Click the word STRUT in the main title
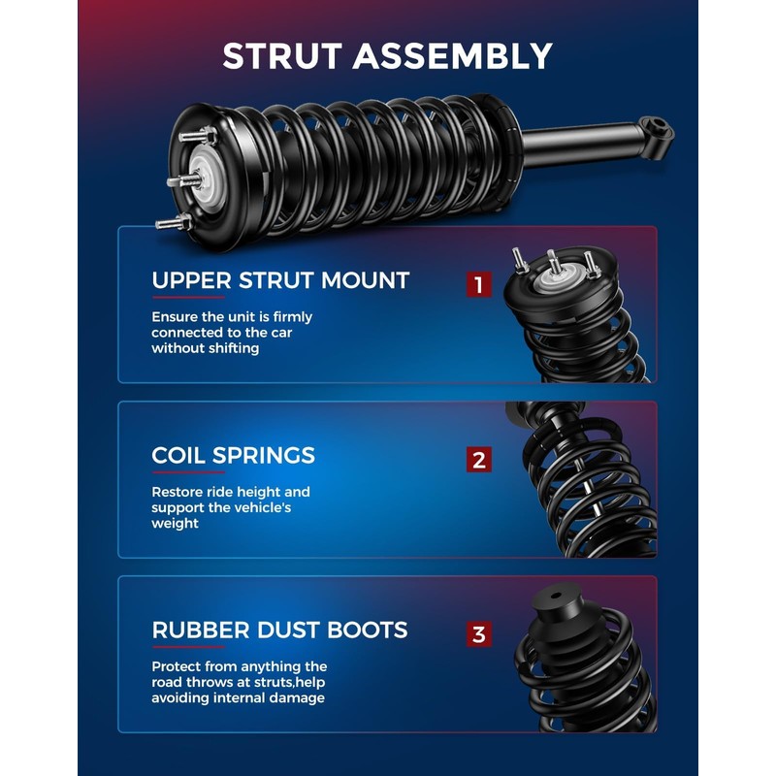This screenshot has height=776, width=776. point(283,55)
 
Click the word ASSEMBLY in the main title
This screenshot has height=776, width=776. point(452,55)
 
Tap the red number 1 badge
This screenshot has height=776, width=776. point(478,284)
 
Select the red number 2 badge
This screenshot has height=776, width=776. point(478,460)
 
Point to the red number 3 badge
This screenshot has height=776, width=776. point(478,635)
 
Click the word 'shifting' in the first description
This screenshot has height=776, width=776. point(234,348)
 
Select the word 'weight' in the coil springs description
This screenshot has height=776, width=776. point(175,524)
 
